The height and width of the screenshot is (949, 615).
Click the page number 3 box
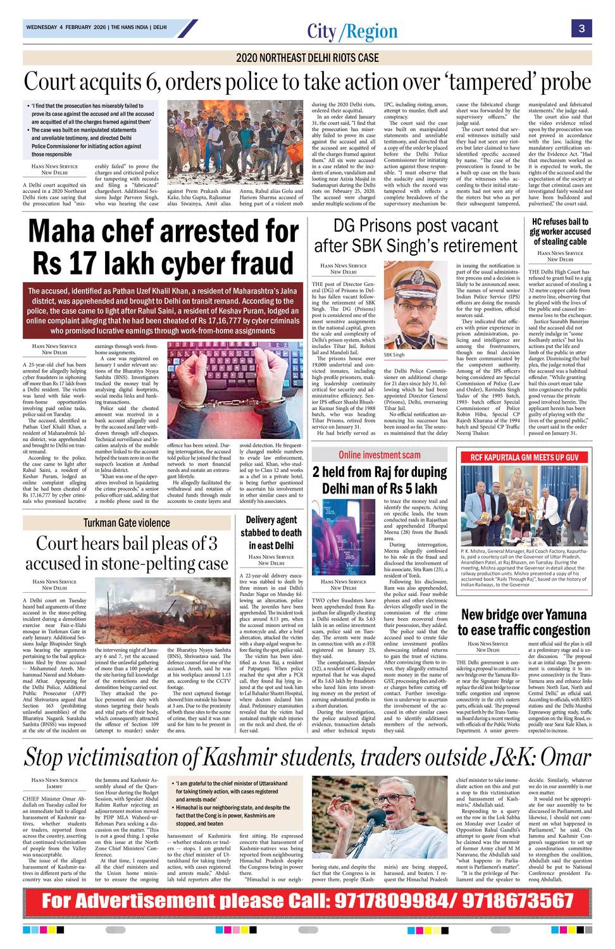click(581, 28)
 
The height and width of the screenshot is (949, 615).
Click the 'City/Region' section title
click(352, 31)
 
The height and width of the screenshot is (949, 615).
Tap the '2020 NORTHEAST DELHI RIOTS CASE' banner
click(307, 58)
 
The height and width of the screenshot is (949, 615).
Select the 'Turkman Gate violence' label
click(127, 523)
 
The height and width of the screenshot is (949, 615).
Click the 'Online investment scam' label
click(379, 454)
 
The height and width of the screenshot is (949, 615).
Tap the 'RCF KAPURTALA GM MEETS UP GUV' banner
click(524, 457)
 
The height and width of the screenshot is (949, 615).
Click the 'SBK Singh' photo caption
click(394, 355)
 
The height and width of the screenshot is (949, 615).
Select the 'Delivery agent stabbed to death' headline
click(271, 532)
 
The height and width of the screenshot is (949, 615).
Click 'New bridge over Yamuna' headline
click(524, 623)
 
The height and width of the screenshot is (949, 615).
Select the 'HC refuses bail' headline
click(560, 232)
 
